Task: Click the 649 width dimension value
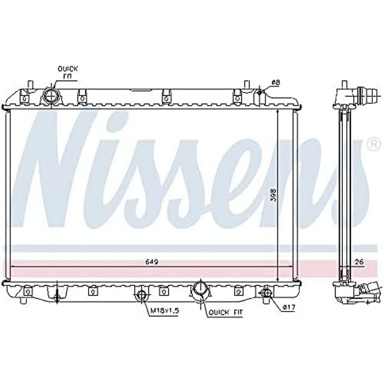click(x=152, y=262)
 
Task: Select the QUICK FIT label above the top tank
click(x=68, y=72)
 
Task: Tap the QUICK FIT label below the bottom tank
click(x=226, y=313)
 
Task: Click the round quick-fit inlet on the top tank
click(x=51, y=95)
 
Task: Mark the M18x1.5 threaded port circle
click(x=142, y=295)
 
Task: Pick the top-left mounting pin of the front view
click(x=30, y=84)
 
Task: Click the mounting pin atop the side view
click(x=344, y=85)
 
